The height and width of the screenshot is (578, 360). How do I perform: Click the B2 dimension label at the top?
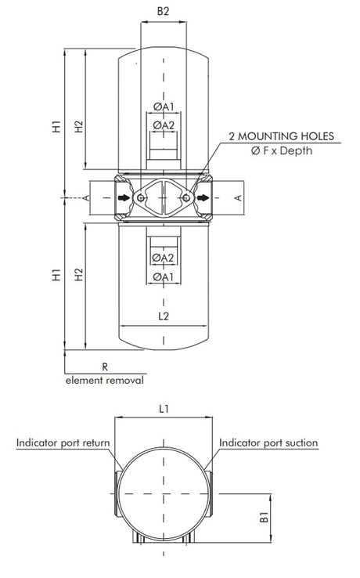pyautogui.click(x=163, y=12)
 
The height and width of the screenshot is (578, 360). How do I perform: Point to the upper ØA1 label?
pyautogui.click(x=163, y=107)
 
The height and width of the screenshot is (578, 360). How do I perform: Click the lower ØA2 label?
pyautogui.click(x=163, y=258)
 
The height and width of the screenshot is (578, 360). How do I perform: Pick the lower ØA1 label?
pyautogui.click(x=163, y=276)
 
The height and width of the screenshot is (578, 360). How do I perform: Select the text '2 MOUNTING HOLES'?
pyautogui.click(x=281, y=136)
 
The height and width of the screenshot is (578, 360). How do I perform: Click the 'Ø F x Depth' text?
pyautogui.click(x=281, y=150)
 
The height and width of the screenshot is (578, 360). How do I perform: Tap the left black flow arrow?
pyautogui.click(x=124, y=198)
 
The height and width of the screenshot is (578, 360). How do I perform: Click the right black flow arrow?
pyautogui.click(x=203, y=198)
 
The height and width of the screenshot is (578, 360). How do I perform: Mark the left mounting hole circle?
pyautogui.click(x=140, y=199)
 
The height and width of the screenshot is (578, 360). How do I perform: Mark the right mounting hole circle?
pyautogui.click(x=186, y=199)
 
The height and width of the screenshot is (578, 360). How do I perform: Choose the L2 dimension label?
pyautogui.click(x=163, y=317)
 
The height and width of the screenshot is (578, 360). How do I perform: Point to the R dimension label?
pyautogui.click(x=104, y=365)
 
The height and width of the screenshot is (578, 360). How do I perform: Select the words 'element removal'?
pyautogui.click(x=104, y=380)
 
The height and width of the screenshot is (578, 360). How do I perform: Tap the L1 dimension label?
pyautogui.click(x=163, y=408)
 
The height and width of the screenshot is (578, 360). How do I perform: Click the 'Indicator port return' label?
pyautogui.click(x=63, y=443)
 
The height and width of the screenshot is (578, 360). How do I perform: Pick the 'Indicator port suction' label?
pyautogui.click(x=268, y=443)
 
